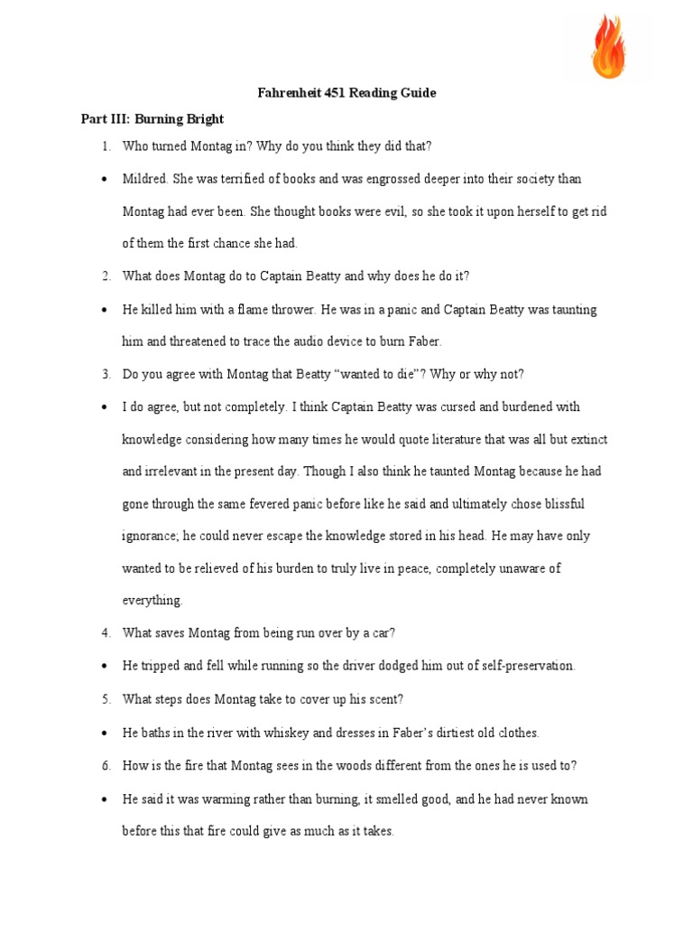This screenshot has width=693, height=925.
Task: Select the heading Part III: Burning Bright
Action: point(152,119)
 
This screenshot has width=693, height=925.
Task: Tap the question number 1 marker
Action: point(106,146)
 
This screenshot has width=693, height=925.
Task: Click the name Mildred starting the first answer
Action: point(143,179)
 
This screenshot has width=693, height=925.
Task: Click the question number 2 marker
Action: point(106,276)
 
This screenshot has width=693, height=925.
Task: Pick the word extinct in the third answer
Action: point(587,439)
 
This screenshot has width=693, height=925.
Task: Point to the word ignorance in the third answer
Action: point(150,536)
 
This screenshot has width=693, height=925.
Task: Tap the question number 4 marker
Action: point(106,633)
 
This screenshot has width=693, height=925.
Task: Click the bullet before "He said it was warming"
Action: point(105,799)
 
